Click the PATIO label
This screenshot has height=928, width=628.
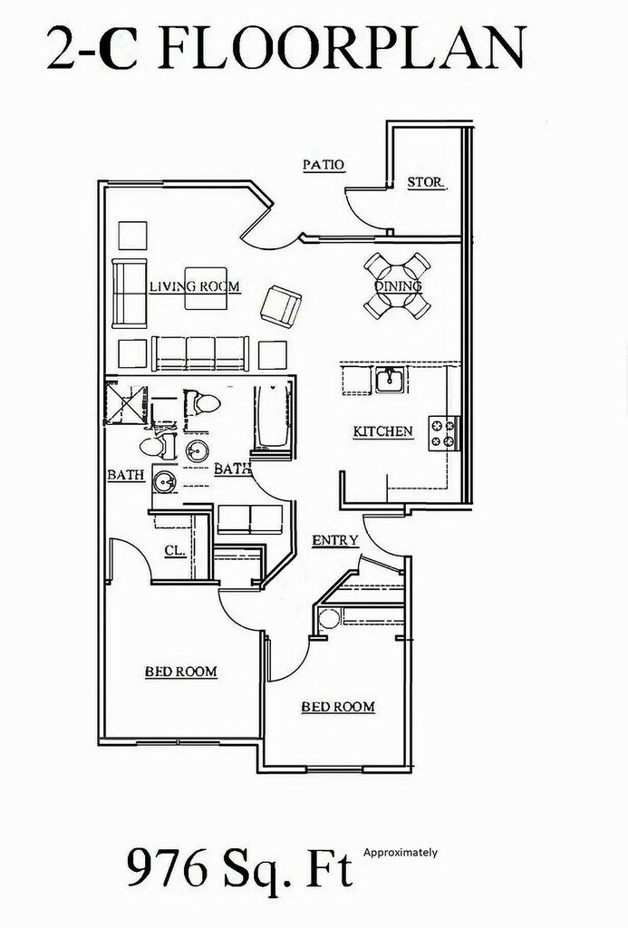(324, 165)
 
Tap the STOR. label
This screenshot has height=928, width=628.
(426, 182)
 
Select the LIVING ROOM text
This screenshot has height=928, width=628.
(195, 287)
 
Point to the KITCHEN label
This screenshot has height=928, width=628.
(383, 431)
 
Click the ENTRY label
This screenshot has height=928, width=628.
(335, 540)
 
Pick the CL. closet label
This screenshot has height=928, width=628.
(175, 550)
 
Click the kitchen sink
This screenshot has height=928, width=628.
(390, 380)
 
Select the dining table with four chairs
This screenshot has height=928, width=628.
(397, 285)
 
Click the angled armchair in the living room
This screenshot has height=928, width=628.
(281, 306)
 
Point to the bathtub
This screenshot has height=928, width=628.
(273, 417)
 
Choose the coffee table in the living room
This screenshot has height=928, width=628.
(206, 288)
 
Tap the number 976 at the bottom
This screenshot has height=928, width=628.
(167, 870)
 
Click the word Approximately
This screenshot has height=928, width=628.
(401, 852)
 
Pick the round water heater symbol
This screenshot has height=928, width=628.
(329, 619)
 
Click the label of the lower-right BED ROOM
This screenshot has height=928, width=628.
(338, 707)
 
